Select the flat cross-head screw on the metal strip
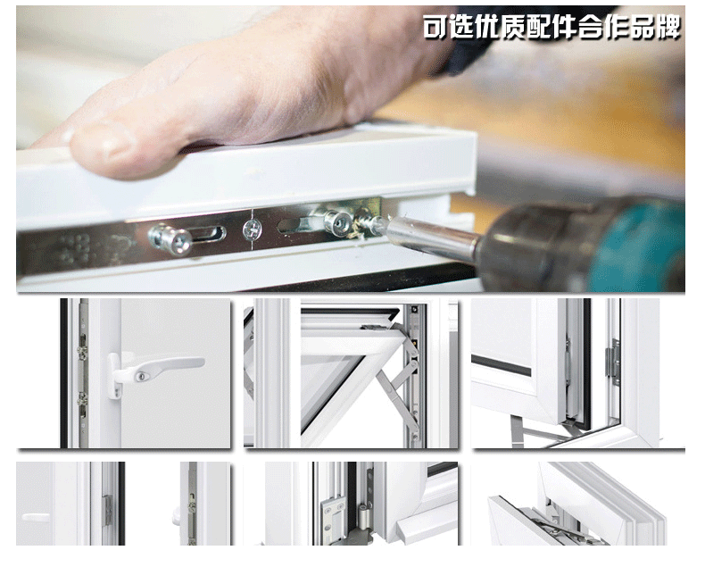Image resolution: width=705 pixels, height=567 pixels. [253, 229]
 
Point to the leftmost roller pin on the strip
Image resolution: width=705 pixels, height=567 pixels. [171, 239]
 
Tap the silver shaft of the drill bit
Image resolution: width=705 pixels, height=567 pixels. [432, 238]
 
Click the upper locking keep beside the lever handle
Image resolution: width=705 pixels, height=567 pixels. [82, 353]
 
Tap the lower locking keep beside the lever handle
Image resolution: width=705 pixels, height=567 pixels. [82, 399]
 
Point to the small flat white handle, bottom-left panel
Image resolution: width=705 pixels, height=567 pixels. [36, 518]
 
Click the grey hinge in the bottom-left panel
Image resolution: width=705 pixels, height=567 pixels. [107, 511]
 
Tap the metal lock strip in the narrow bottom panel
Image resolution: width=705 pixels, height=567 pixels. [192, 504]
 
